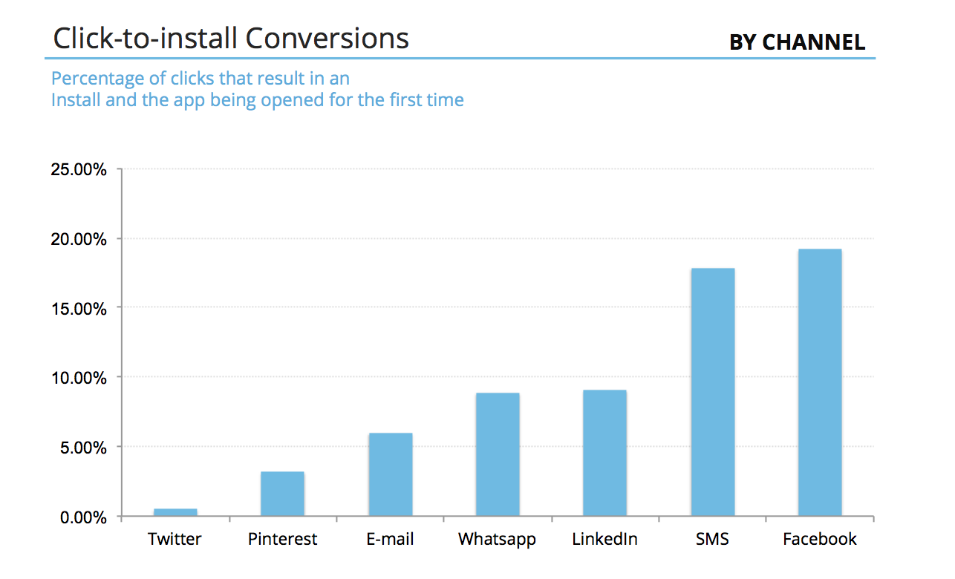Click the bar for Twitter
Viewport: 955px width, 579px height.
point(175,512)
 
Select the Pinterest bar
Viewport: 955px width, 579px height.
point(282,494)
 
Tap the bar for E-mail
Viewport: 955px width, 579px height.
point(390,474)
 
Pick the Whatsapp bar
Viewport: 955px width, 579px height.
point(498,454)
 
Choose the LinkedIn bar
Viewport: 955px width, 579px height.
point(604,453)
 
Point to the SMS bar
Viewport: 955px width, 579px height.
point(713,392)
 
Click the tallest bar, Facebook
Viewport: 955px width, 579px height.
point(820,382)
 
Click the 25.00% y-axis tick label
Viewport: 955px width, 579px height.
point(79,169)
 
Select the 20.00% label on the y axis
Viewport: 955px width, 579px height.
point(79,239)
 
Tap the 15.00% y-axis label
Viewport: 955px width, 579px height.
point(79,308)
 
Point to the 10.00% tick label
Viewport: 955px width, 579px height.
point(79,378)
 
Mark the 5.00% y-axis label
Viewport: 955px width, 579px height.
point(82,448)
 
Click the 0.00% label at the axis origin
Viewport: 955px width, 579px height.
point(82,517)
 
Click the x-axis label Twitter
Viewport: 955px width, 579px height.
point(175,539)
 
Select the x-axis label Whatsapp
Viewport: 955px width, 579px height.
point(497,539)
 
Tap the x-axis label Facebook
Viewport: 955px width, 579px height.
point(820,539)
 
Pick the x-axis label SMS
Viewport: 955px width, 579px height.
point(712,539)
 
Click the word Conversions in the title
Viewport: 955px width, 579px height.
point(327,38)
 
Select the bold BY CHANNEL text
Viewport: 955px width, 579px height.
point(797,42)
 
